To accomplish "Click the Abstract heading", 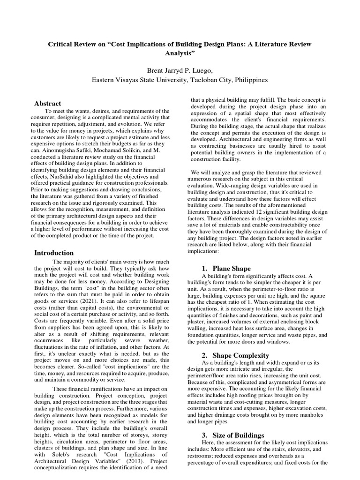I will (x=47, y=103).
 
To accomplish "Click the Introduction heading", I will (x=54, y=253).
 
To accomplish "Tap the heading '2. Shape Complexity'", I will (x=235, y=355).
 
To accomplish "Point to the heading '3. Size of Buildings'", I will (x=233, y=435).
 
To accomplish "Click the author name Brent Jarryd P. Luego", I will (x=180, y=70).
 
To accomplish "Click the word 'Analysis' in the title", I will (x=180, y=53).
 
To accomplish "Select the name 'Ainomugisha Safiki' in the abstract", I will (x=65, y=151).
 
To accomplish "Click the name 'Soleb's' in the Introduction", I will (x=58, y=454).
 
